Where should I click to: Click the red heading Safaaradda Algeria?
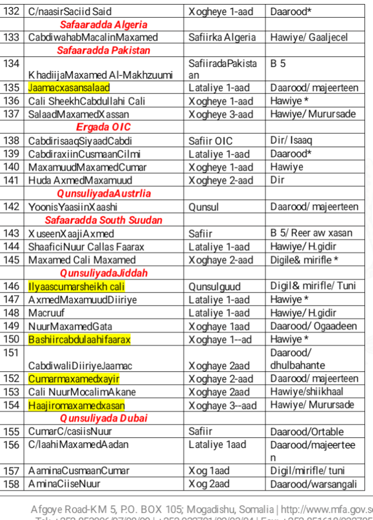[104, 24]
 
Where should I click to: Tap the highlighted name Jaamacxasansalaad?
[69, 88]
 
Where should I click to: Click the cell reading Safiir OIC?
[211, 141]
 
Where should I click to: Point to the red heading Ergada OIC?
[103, 127]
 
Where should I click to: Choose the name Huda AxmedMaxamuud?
[80, 180]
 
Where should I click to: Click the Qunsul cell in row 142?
[203, 207]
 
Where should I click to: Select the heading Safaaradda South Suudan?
[104, 220]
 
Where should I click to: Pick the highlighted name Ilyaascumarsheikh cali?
[76, 286]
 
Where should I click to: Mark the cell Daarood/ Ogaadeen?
[314, 326]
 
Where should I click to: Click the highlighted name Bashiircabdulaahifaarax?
[80, 339]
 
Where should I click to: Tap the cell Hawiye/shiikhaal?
[307, 392]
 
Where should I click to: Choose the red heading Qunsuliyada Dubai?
[104, 418]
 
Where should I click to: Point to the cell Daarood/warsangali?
[314, 484]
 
